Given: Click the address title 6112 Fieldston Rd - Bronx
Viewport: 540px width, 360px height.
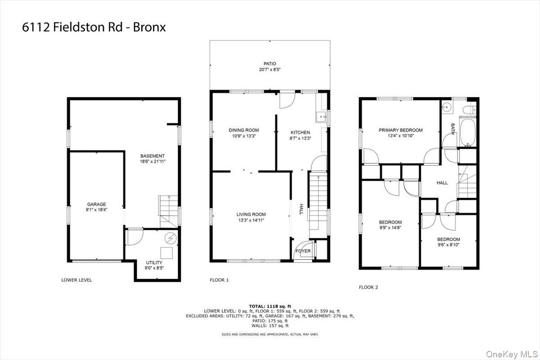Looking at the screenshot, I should point(94,27).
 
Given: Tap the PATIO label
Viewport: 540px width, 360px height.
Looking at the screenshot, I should point(270,63).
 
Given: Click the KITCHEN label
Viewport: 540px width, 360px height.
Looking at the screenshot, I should point(300,132).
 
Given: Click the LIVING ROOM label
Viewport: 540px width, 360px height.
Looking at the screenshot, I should point(251,214).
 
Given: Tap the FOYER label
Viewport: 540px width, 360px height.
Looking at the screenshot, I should point(303,251).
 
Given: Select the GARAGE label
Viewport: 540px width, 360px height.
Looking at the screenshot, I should point(97,204).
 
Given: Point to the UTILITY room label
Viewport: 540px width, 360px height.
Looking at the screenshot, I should point(154,263).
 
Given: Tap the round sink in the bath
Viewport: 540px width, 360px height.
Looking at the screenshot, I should point(446,107).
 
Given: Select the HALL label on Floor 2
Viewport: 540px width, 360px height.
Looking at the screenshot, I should point(442,183).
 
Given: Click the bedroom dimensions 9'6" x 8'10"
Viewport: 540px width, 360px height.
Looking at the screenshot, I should point(449,245).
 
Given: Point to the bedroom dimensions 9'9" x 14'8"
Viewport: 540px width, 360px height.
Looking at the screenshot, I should point(390,228).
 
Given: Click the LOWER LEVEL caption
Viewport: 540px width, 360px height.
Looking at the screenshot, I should point(76,280).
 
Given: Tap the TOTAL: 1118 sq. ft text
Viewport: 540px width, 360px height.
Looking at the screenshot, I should point(270,306).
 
